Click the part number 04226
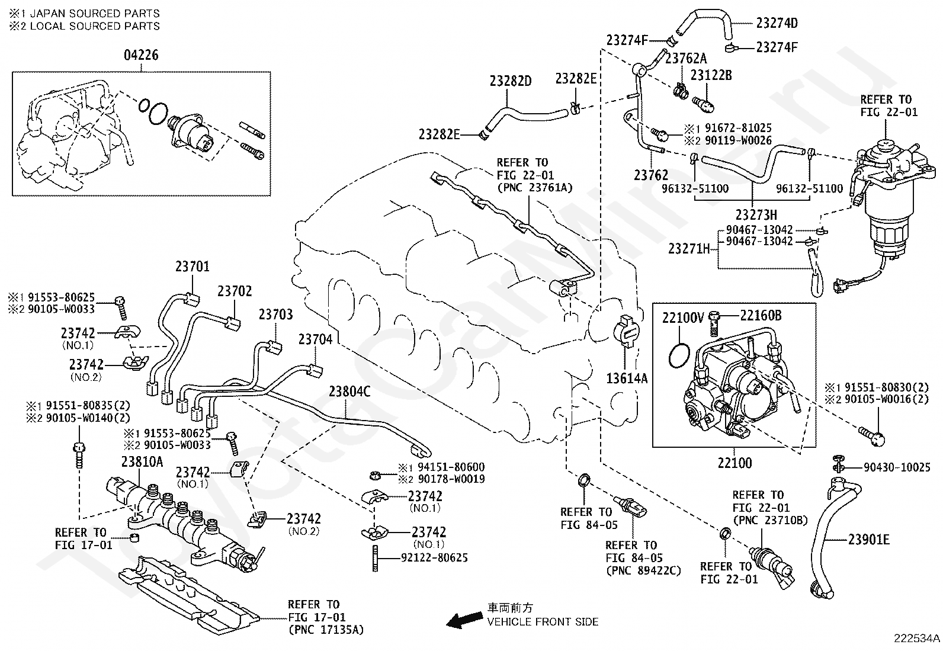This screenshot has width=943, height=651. pyautogui.click(x=141, y=56)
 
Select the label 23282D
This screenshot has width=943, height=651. pyautogui.click(x=511, y=81)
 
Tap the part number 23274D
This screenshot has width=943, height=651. pyautogui.click(x=777, y=24)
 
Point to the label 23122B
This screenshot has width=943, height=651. pyautogui.click(x=711, y=75)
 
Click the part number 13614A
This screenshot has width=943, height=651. pyautogui.click(x=626, y=377)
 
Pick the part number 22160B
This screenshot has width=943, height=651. pyautogui.click(x=761, y=316)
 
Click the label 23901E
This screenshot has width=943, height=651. pyautogui.click(x=868, y=540)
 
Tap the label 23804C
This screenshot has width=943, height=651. pyautogui.click(x=349, y=392)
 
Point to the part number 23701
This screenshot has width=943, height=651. pyautogui.click(x=192, y=267)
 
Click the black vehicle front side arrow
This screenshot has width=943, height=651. pyautogui.click(x=464, y=620)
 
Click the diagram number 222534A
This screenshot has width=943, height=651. pyautogui.click(x=917, y=639)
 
